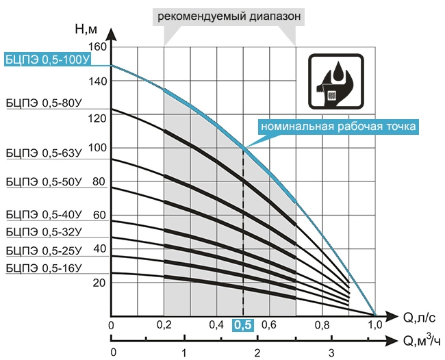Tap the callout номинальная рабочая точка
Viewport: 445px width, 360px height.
(x=338, y=127)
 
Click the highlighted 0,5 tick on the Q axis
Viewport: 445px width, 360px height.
(x=243, y=326)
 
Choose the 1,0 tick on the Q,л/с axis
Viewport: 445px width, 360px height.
(x=375, y=326)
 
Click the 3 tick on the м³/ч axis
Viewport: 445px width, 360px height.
(x=331, y=352)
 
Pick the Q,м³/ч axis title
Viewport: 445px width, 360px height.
(x=418, y=341)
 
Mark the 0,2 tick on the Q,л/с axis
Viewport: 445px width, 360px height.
(x=164, y=326)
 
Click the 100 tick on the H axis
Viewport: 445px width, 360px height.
(x=99, y=148)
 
